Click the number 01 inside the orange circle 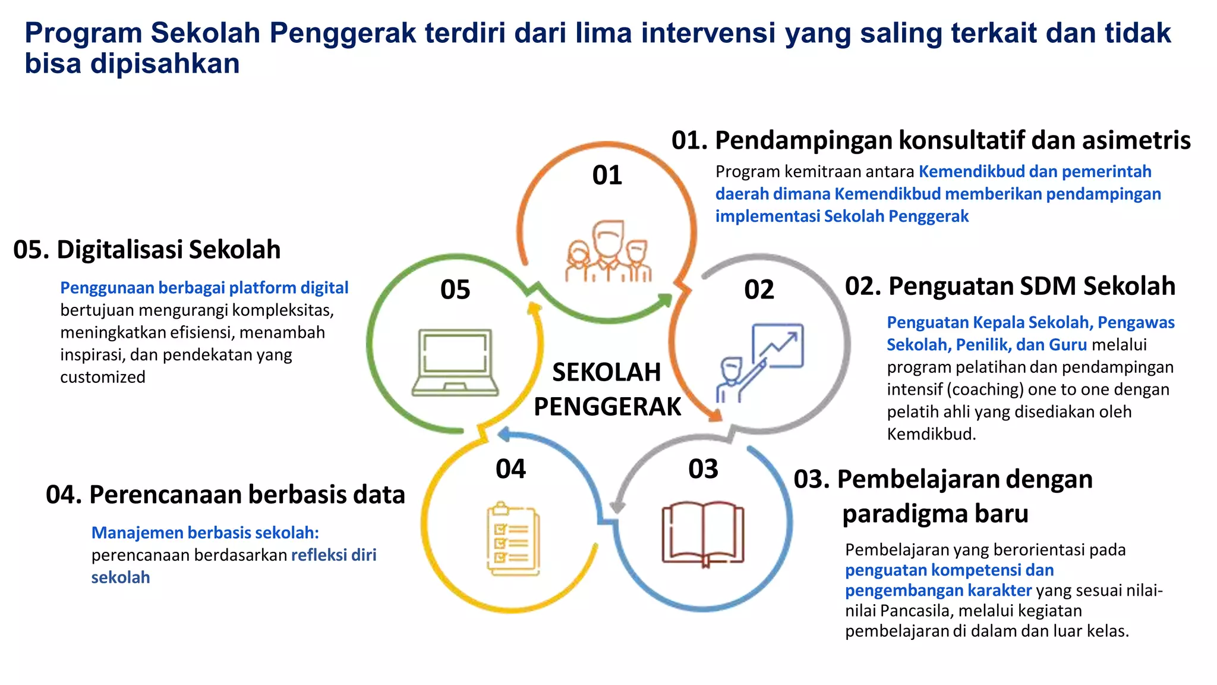point(607,175)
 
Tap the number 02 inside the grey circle point(759,290)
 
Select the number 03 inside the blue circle point(703,469)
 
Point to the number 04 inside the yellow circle point(510,469)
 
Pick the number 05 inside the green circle point(455,290)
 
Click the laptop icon point(455,363)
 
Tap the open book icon point(703,534)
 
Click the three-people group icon point(608,252)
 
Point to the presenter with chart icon point(759,363)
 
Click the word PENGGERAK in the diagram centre point(607,407)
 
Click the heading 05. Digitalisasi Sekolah point(147,250)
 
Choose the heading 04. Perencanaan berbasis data point(225,495)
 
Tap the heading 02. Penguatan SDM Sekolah point(1010,286)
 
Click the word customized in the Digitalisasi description point(103,377)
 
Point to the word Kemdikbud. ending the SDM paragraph point(931,434)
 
